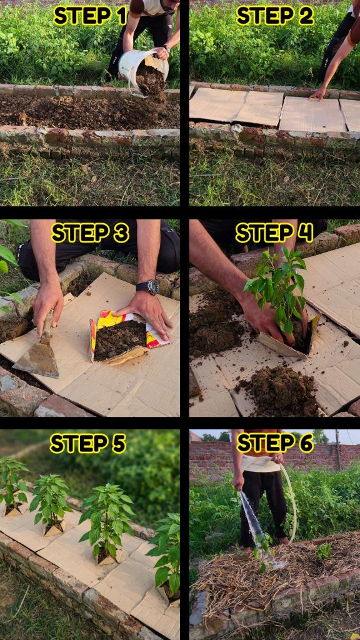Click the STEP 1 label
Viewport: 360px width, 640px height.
click(x=90, y=16)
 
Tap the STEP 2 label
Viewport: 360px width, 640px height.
click(x=275, y=16)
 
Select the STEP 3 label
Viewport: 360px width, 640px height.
click(x=90, y=234)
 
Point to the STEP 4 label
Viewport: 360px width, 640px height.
click(x=274, y=234)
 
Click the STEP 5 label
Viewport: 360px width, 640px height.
click(x=87, y=444)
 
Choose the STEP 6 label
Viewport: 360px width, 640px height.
click(x=275, y=443)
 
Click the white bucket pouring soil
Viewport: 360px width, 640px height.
click(x=143, y=70)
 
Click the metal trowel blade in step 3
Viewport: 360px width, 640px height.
click(x=37, y=358)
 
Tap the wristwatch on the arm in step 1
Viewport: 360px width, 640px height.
click(x=166, y=48)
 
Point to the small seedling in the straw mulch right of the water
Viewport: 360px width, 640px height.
click(x=324, y=551)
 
